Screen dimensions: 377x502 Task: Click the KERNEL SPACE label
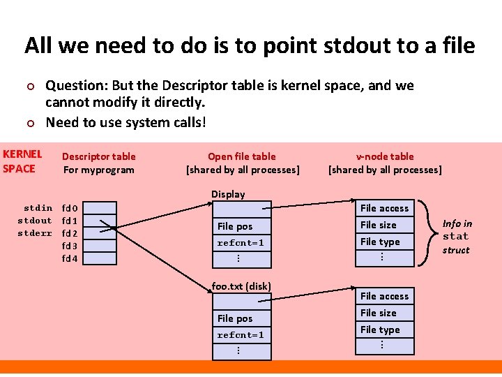[x=22, y=161]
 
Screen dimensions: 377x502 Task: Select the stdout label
[x=35, y=221]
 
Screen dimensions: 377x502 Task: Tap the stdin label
[x=38, y=208]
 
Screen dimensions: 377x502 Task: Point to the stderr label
[x=35, y=233]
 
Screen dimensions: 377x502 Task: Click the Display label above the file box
[x=228, y=194]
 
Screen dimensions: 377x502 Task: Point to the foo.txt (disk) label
[x=241, y=286]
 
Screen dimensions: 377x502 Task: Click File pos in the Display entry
[x=235, y=226]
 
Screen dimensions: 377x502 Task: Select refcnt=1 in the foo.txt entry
[x=241, y=335]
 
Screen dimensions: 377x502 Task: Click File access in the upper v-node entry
[x=384, y=208]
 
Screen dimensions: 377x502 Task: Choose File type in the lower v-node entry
[x=380, y=330]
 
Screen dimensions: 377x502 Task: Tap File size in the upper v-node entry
[x=378, y=225]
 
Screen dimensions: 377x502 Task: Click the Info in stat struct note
[x=457, y=237]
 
